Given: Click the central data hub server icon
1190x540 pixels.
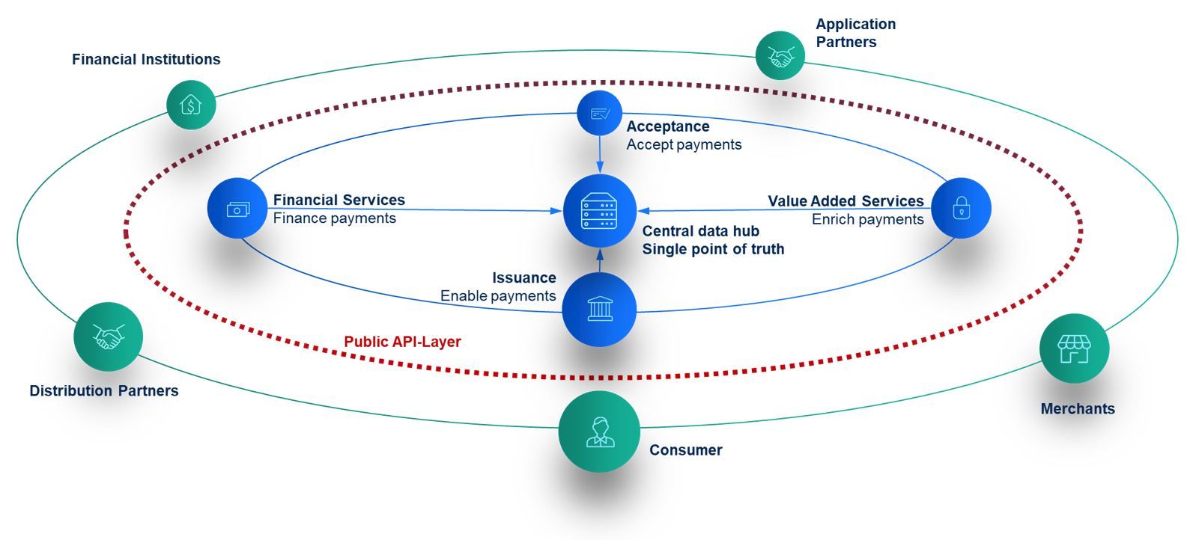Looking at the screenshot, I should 599,211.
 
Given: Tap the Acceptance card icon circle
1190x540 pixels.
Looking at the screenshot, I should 600,114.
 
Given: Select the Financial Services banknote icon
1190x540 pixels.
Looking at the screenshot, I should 237,209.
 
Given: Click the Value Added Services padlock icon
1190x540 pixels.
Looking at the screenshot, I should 961,209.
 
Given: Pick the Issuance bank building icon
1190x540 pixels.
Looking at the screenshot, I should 599,309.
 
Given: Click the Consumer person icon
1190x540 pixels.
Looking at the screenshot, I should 599,432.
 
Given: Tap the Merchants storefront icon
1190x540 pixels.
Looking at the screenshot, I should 1074,349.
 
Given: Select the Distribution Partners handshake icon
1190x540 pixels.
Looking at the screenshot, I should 108,337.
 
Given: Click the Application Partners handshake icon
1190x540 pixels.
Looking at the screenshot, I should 780,55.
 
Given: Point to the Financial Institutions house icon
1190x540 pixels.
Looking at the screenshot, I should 191,105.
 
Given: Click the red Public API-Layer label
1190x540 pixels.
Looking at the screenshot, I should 402,342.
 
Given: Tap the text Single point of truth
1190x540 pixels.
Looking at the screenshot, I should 713,249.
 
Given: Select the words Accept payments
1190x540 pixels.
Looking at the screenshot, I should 684,144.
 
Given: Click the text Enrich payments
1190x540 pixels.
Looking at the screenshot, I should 867,219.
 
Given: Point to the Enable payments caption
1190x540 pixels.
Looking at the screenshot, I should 497,295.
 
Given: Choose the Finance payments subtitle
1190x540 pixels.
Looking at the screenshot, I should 334,218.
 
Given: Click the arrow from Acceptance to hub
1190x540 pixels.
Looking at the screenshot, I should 600,156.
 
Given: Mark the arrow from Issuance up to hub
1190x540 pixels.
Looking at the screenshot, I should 599,260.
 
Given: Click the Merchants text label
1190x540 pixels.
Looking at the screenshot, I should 1077,408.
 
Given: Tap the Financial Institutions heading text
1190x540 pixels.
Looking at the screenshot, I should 146,59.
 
